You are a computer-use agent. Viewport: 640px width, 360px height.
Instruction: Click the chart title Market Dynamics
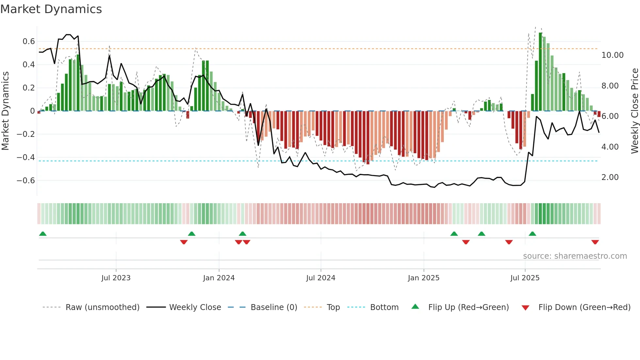point(51,9)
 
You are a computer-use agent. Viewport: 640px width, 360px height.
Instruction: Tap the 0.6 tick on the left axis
point(29,41)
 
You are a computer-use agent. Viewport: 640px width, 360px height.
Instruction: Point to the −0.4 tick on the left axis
point(26,157)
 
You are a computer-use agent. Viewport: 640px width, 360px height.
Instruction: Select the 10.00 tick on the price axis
point(612,55)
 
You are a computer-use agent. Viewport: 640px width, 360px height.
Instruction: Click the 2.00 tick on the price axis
point(610,177)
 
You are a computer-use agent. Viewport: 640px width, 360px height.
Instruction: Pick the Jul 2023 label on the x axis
point(116,278)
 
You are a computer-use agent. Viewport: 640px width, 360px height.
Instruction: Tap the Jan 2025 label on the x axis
point(424,278)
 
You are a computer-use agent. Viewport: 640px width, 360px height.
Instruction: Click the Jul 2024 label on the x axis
point(321,278)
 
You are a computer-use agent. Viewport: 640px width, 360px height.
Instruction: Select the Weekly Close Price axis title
point(634,111)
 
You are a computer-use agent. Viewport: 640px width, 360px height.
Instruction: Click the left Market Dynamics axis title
point(6,111)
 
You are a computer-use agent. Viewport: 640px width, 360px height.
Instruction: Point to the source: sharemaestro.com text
point(575,256)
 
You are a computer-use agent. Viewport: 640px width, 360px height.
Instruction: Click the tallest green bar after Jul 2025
point(540,72)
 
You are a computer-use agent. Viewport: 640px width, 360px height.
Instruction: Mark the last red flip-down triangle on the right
point(595,242)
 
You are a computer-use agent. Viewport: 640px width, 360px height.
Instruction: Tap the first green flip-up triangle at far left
point(43,234)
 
